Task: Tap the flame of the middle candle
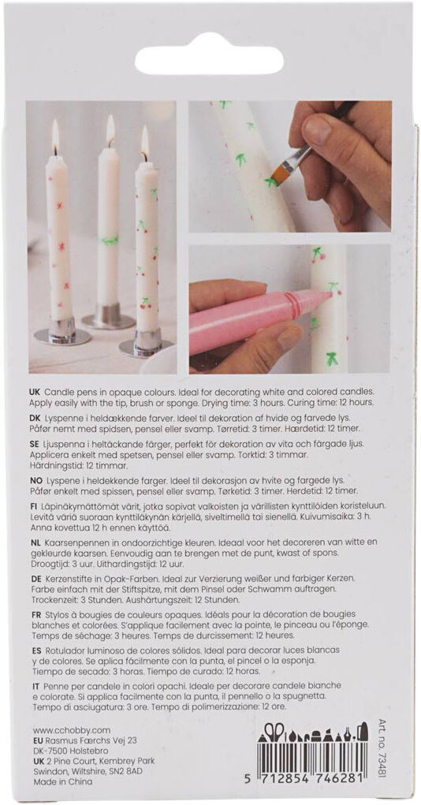(x=110, y=129)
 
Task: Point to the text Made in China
(x=62, y=782)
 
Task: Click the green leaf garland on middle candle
(x=109, y=240)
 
